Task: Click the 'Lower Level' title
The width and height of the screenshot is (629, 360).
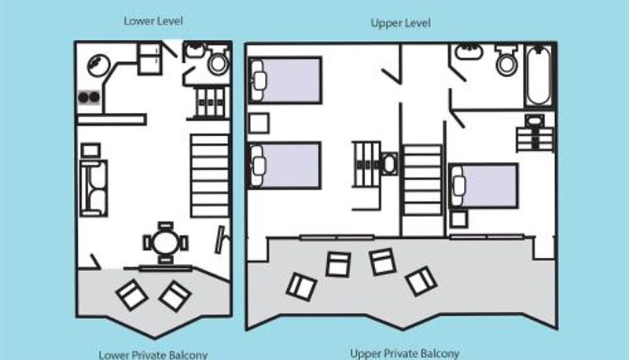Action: [x=153, y=21]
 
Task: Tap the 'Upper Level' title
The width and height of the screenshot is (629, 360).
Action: [x=401, y=23]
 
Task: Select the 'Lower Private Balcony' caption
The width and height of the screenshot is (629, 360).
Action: [x=153, y=354]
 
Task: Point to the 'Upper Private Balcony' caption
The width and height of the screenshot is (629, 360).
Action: [x=404, y=354]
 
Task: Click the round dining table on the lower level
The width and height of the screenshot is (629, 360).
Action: [x=166, y=243]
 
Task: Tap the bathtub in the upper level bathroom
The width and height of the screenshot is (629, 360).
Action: [x=539, y=75]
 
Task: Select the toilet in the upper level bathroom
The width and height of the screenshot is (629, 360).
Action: [x=506, y=60]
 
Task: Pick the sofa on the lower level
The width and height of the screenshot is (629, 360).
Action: [x=94, y=188]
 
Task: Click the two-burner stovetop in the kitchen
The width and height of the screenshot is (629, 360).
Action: [x=89, y=97]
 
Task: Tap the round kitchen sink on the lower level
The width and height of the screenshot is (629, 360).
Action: [x=99, y=66]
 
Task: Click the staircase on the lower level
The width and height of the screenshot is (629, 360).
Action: [x=210, y=175]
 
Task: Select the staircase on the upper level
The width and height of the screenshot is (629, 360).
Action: [x=422, y=180]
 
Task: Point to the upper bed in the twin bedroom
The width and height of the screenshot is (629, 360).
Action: [x=285, y=80]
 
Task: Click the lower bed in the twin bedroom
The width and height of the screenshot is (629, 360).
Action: [x=285, y=165]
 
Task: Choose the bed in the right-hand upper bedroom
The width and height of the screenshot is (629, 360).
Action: [x=484, y=186]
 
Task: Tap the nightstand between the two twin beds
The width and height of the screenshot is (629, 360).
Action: [x=259, y=123]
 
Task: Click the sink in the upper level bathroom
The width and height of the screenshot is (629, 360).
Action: [x=469, y=51]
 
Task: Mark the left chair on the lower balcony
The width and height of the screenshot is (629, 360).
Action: [x=132, y=296]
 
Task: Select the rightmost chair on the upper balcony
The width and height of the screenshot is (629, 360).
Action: [x=421, y=281]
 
